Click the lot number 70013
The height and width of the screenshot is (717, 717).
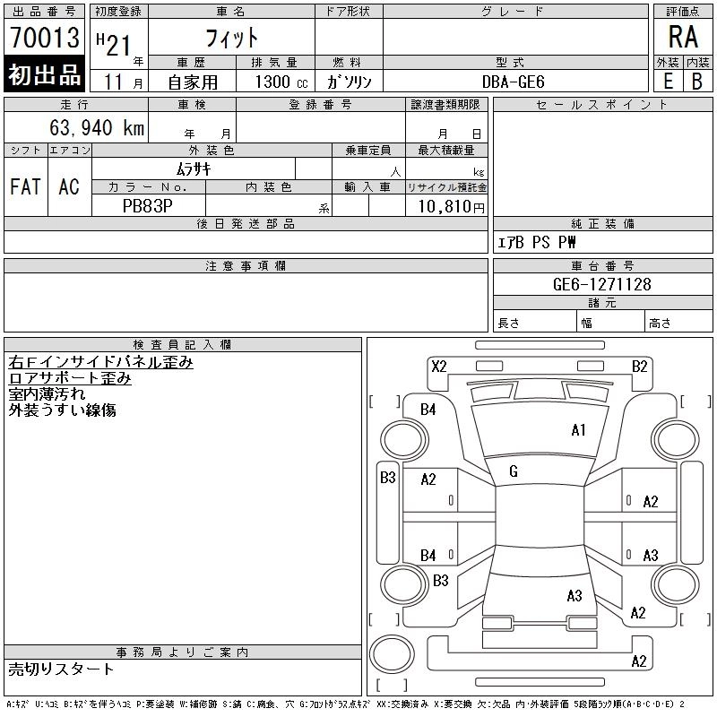[x=45, y=38]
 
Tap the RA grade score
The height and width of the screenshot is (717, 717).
[x=683, y=37]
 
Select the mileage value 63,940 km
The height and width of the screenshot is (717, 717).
[x=97, y=127]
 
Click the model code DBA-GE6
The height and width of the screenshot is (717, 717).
[x=513, y=82]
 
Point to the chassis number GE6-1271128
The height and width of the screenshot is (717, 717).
[x=601, y=284]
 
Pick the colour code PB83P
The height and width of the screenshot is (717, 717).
[x=148, y=206]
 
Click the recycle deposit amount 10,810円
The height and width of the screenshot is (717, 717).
[x=452, y=207]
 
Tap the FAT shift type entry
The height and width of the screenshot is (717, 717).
[x=26, y=186]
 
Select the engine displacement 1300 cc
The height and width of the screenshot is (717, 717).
[x=281, y=82]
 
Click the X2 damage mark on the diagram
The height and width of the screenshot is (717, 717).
[x=439, y=367]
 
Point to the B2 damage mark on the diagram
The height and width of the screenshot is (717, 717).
[x=640, y=367]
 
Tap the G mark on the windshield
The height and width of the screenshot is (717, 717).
[x=514, y=471]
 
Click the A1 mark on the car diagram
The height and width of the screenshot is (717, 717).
[x=578, y=430]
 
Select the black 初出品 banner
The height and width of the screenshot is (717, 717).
[x=44, y=74]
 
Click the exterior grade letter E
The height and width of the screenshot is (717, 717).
[x=669, y=82]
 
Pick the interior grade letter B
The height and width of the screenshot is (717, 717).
[x=697, y=82]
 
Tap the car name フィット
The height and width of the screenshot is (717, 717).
[x=232, y=38]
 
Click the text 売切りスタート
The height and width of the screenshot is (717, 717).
[x=61, y=669]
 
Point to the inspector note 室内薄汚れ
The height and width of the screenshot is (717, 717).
[x=47, y=394]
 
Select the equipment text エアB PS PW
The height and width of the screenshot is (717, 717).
[x=536, y=242]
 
